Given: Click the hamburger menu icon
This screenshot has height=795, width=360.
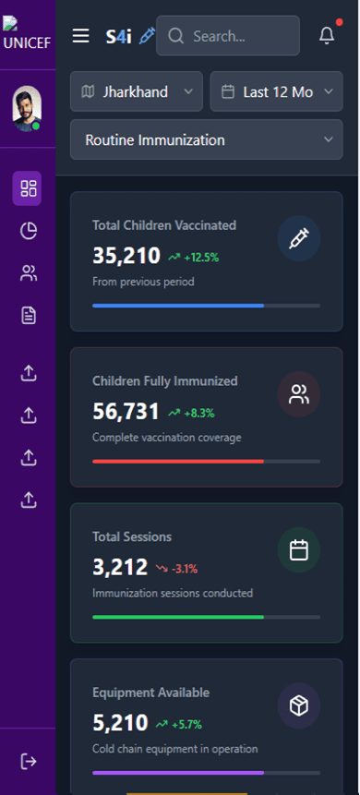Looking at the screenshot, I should (81, 36).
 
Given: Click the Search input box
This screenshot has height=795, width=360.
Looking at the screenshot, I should (228, 36).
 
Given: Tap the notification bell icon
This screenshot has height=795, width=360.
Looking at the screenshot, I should (326, 36).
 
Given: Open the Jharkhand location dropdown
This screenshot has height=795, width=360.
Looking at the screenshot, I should (136, 91).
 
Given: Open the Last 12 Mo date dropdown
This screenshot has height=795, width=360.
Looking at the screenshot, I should (276, 91).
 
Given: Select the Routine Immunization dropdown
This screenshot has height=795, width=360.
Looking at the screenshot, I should (206, 139).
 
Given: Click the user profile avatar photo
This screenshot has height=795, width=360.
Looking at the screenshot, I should (27, 109).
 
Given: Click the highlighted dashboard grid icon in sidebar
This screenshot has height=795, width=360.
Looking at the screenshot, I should (28, 189).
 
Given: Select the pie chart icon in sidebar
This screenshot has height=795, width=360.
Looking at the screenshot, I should (28, 231).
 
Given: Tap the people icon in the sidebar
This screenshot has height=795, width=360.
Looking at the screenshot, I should (28, 273).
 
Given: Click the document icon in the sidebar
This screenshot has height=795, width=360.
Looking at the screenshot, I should (28, 316).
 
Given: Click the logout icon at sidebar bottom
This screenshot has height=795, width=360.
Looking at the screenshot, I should (28, 761).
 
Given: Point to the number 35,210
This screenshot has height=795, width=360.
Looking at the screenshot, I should (126, 256).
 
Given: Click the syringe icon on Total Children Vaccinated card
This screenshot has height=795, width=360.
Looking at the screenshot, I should (298, 239).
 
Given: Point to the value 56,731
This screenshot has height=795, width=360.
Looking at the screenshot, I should (126, 412).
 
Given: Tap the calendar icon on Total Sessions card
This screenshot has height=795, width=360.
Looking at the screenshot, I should (298, 550).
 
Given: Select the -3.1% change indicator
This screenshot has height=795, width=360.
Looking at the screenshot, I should (176, 568).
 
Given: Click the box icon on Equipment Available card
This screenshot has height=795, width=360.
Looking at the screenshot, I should (298, 706).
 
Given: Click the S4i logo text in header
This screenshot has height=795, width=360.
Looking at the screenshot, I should (118, 36).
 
